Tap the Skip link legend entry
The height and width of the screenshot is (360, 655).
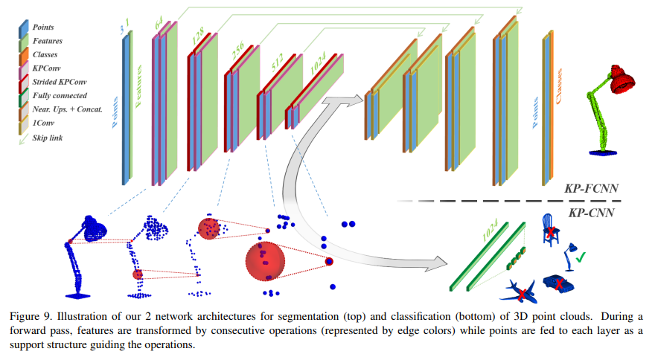[x=46, y=136]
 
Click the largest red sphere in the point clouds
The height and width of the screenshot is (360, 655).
[x=266, y=260]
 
